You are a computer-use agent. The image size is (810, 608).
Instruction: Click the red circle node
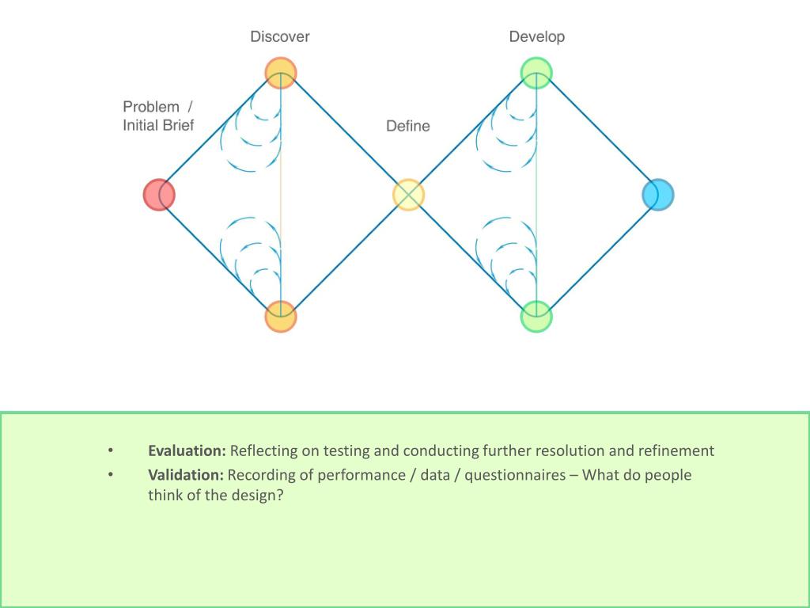pos(159,194)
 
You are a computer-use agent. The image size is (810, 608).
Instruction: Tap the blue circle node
pos(657,195)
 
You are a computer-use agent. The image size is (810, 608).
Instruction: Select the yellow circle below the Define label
pos(408,195)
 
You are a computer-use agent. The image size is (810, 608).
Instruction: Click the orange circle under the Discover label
pos(281,73)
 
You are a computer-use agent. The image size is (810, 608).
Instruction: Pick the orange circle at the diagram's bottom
pos(281,317)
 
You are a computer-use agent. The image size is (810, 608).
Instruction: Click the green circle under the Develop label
pos(536,73)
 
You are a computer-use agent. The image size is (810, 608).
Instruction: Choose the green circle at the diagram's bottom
pos(536,317)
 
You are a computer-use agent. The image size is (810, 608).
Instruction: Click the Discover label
pos(280,36)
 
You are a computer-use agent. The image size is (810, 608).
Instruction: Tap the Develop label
pos(537,37)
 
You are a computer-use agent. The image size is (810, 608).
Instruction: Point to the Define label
pos(408,126)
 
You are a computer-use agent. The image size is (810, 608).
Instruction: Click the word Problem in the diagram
pos(151,107)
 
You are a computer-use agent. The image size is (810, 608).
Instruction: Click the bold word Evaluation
pos(187,450)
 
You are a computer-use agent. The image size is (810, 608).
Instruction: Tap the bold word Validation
pos(186,474)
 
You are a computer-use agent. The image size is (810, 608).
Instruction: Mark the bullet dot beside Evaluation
pos(111,451)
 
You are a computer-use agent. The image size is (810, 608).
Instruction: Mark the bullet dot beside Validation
pos(111,475)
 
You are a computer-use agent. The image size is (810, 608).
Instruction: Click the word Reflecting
pos(265,451)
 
